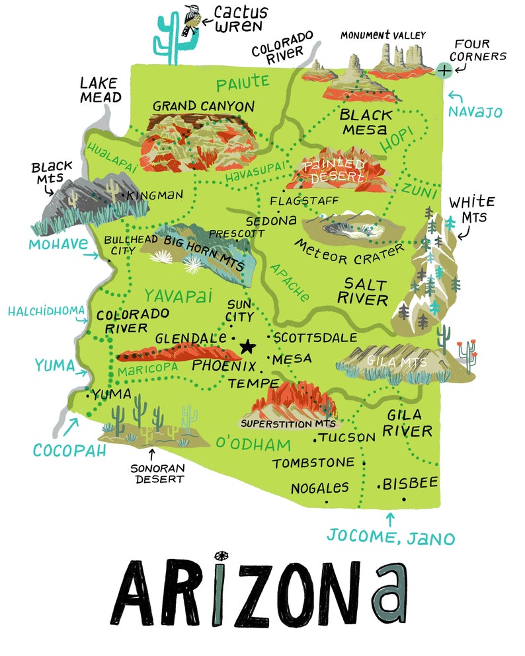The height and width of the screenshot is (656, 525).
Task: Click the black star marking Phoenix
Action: tap(247, 346)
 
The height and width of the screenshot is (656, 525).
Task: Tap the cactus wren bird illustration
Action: tap(192, 20)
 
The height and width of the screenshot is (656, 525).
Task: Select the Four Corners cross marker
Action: tap(445, 69)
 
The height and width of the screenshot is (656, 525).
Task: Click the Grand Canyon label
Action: tap(204, 106)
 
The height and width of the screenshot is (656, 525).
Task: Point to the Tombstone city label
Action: tap(313, 463)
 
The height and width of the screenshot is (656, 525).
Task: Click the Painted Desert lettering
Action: tap(333, 170)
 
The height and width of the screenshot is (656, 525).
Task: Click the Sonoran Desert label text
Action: tap(159, 473)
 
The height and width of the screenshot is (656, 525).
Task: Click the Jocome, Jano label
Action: tap(391, 536)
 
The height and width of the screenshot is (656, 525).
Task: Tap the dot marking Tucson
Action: tap(315, 437)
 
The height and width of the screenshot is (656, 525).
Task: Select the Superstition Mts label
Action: tap(288, 423)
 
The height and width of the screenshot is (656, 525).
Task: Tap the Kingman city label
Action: tap(155, 196)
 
